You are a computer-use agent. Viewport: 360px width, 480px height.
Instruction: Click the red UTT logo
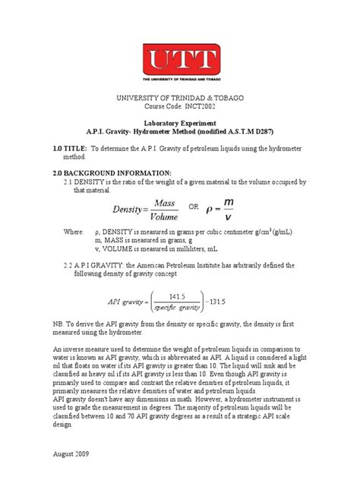tap(180, 65)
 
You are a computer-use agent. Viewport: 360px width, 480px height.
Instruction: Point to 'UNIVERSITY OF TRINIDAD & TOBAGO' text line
tap(180, 96)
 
